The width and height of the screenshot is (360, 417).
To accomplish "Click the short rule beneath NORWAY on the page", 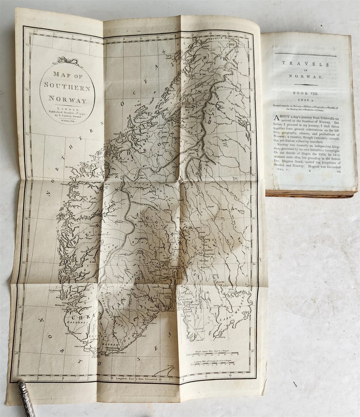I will click(305, 85).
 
